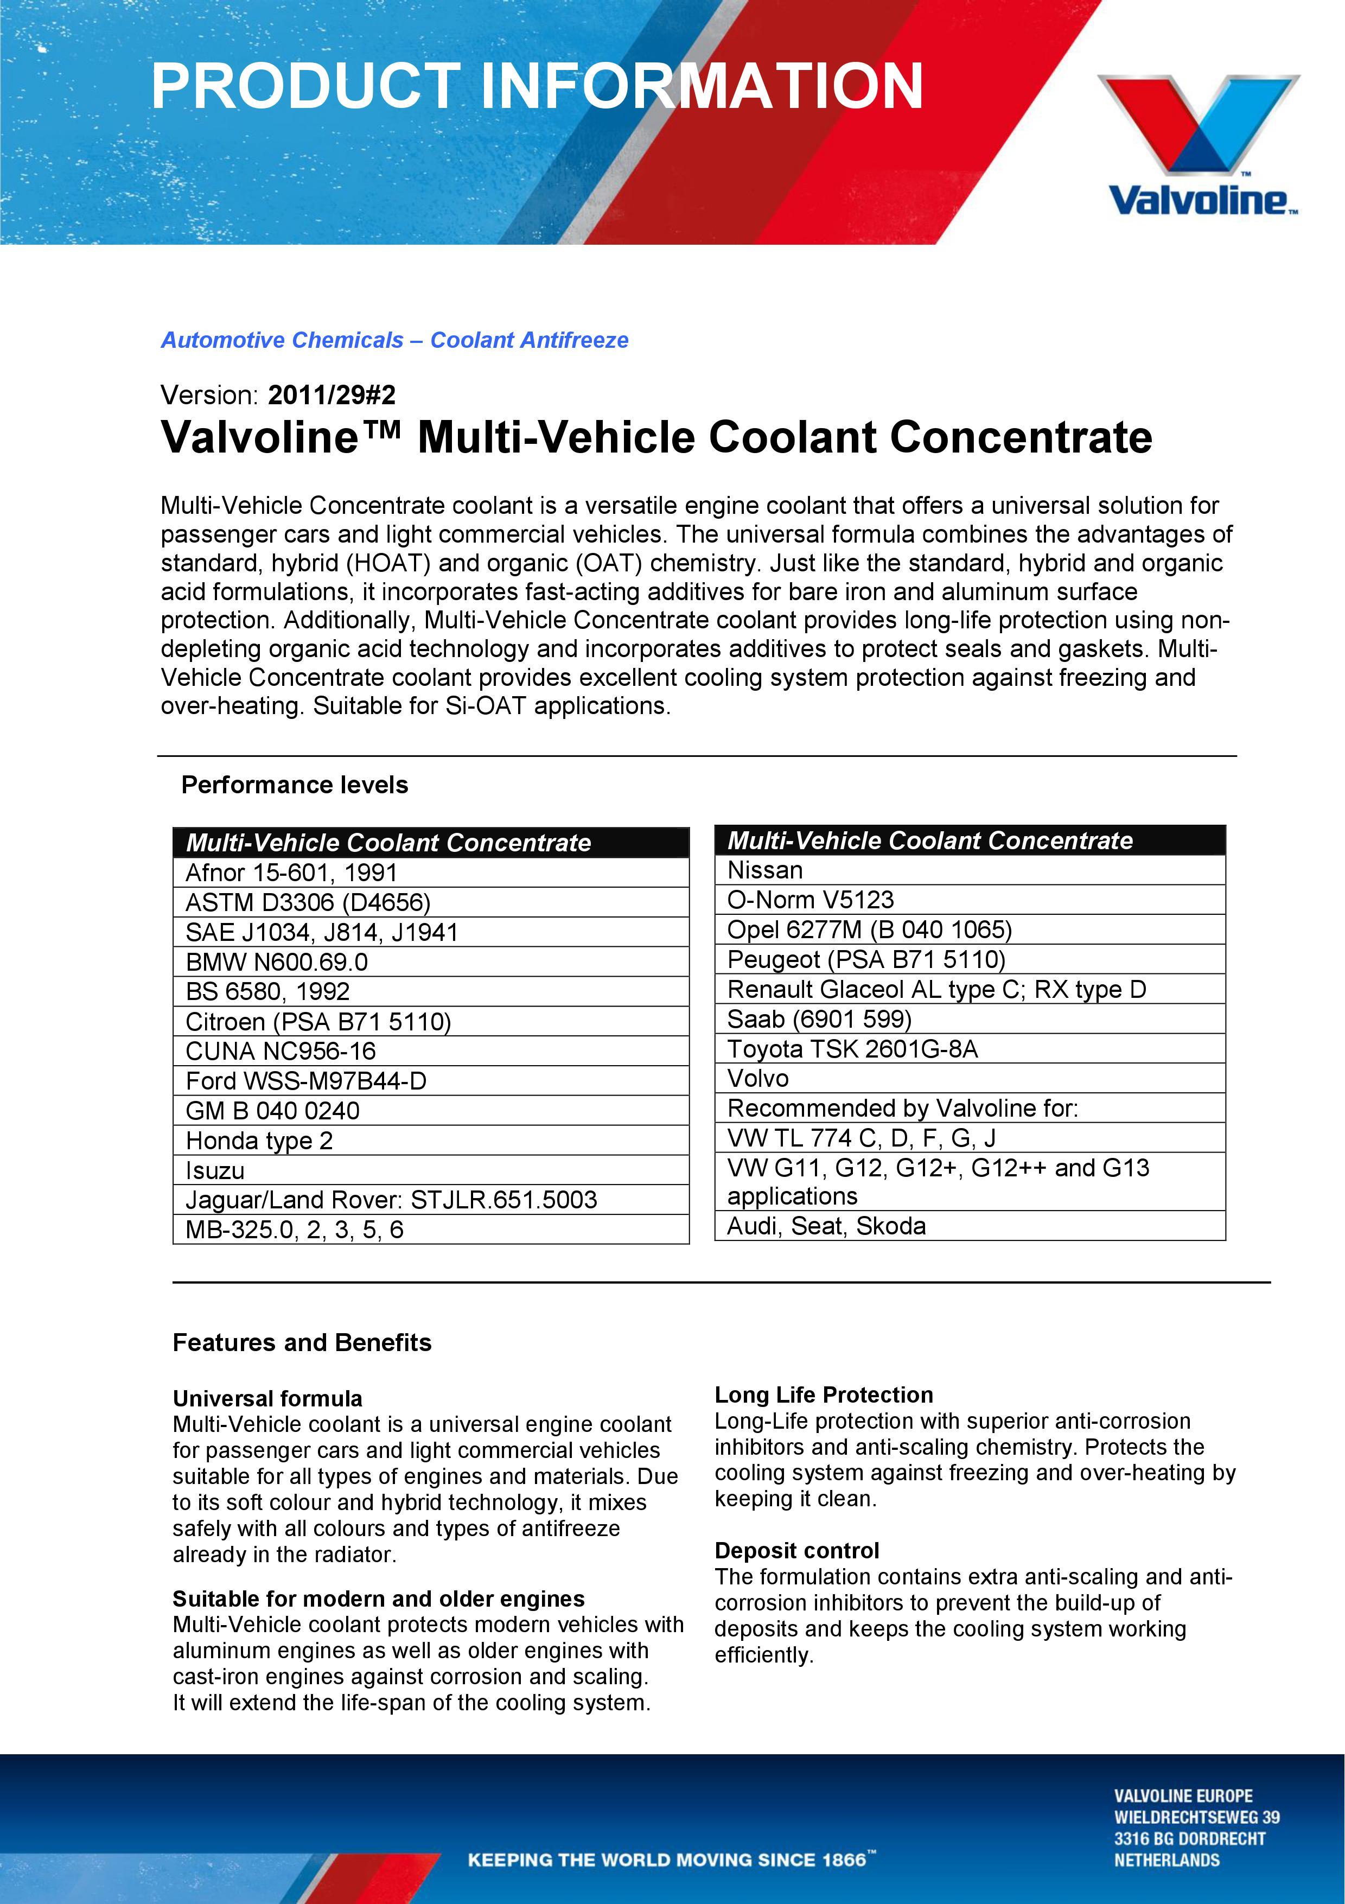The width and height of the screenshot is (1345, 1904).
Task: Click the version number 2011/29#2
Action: [x=332, y=394]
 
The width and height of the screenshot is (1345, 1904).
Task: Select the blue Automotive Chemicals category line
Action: [x=394, y=340]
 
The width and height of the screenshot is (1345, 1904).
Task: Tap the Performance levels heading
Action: [x=295, y=785]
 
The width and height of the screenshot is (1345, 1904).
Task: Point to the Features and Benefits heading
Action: [x=302, y=1342]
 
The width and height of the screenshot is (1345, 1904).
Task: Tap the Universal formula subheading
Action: [x=267, y=1399]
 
